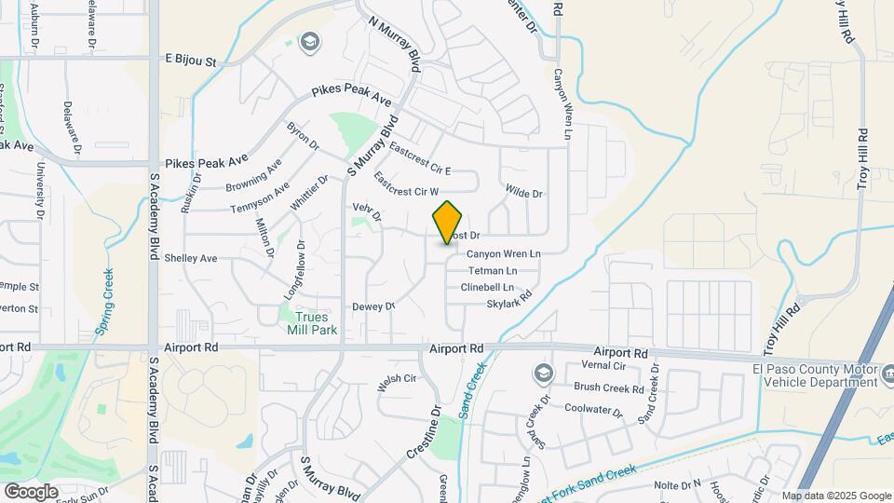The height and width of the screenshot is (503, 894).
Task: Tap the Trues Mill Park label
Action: [309, 322]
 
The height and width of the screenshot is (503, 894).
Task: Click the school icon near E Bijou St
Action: [309, 41]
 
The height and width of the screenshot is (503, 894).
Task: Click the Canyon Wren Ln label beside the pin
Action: [503, 253]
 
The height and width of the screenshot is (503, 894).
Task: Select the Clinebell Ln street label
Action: [494, 287]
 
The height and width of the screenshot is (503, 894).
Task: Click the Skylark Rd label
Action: [509, 300]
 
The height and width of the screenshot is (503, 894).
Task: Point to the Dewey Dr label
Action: [374, 306]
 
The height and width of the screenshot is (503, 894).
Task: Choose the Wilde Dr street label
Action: [523, 193]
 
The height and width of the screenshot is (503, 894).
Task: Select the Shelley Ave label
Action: [190, 258]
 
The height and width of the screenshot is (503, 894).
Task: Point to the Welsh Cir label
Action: [396, 378]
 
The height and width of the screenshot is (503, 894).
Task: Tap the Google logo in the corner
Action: [32, 491]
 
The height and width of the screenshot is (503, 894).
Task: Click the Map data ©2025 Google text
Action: [835, 496]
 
